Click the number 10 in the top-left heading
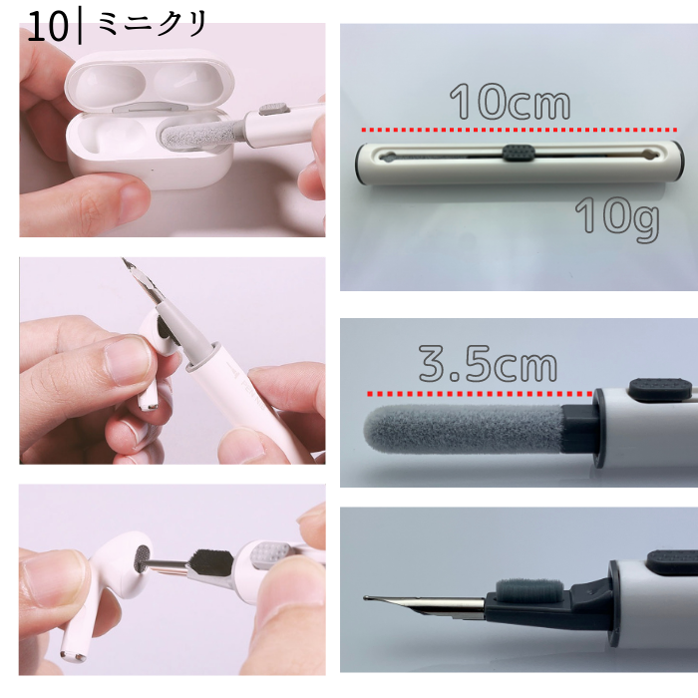48,28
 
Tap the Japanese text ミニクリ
152,24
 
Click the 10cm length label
510,101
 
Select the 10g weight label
617,216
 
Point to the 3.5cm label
488,363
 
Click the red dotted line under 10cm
520,130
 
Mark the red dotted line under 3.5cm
480,394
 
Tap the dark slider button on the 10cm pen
519,153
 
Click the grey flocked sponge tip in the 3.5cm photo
464,429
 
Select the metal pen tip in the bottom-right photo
424,604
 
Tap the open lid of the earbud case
150,80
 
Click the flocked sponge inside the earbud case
199,136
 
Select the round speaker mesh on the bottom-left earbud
143,558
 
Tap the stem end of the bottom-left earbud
73,656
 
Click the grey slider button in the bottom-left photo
270,553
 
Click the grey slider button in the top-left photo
274,109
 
